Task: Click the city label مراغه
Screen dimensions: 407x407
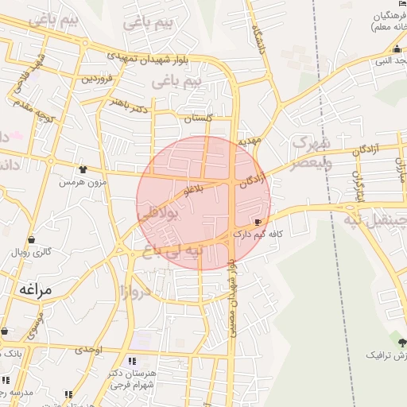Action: click(x=32, y=290)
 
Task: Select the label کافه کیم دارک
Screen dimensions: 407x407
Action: click(x=254, y=235)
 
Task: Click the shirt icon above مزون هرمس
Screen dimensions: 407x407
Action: click(x=83, y=169)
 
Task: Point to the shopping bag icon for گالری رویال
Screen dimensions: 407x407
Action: click(x=31, y=239)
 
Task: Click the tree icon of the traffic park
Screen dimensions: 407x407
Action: click(x=402, y=343)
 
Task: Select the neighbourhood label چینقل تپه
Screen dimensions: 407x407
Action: click(x=378, y=217)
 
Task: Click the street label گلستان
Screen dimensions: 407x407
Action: click(x=199, y=118)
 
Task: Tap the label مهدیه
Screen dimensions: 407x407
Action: click(x=249, y=141)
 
